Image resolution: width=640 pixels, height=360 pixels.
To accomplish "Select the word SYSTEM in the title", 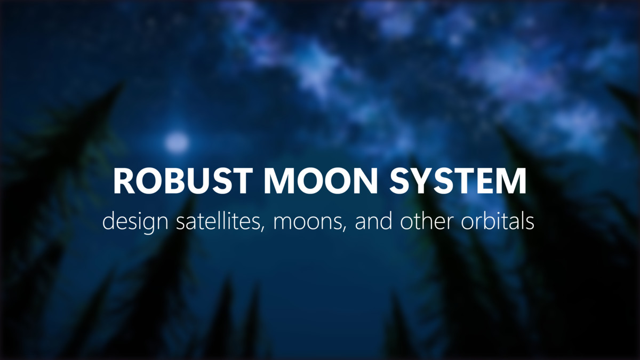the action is click(x=458, y=181).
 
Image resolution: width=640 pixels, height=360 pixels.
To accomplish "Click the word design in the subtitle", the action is click(x=135, y=222).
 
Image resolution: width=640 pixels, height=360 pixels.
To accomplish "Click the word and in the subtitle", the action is click(x=373, y=221).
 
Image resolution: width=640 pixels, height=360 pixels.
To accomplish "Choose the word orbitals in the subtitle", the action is click(x=498, y=221).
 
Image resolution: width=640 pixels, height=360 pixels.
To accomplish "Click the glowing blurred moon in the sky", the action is click(x=177, y=142).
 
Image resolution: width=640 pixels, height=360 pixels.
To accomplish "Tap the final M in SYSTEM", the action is click(x=512, y=181).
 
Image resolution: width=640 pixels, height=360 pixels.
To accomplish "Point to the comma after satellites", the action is click(x=262, y=229).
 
